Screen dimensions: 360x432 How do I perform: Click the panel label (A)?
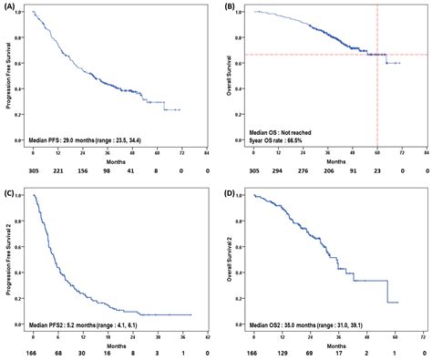(x=8, y=6)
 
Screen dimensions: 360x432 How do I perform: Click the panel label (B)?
(x=230, y=6)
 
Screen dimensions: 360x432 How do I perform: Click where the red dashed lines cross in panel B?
(x=377, y=55)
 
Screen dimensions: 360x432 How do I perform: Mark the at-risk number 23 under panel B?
(x=377, y=170)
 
